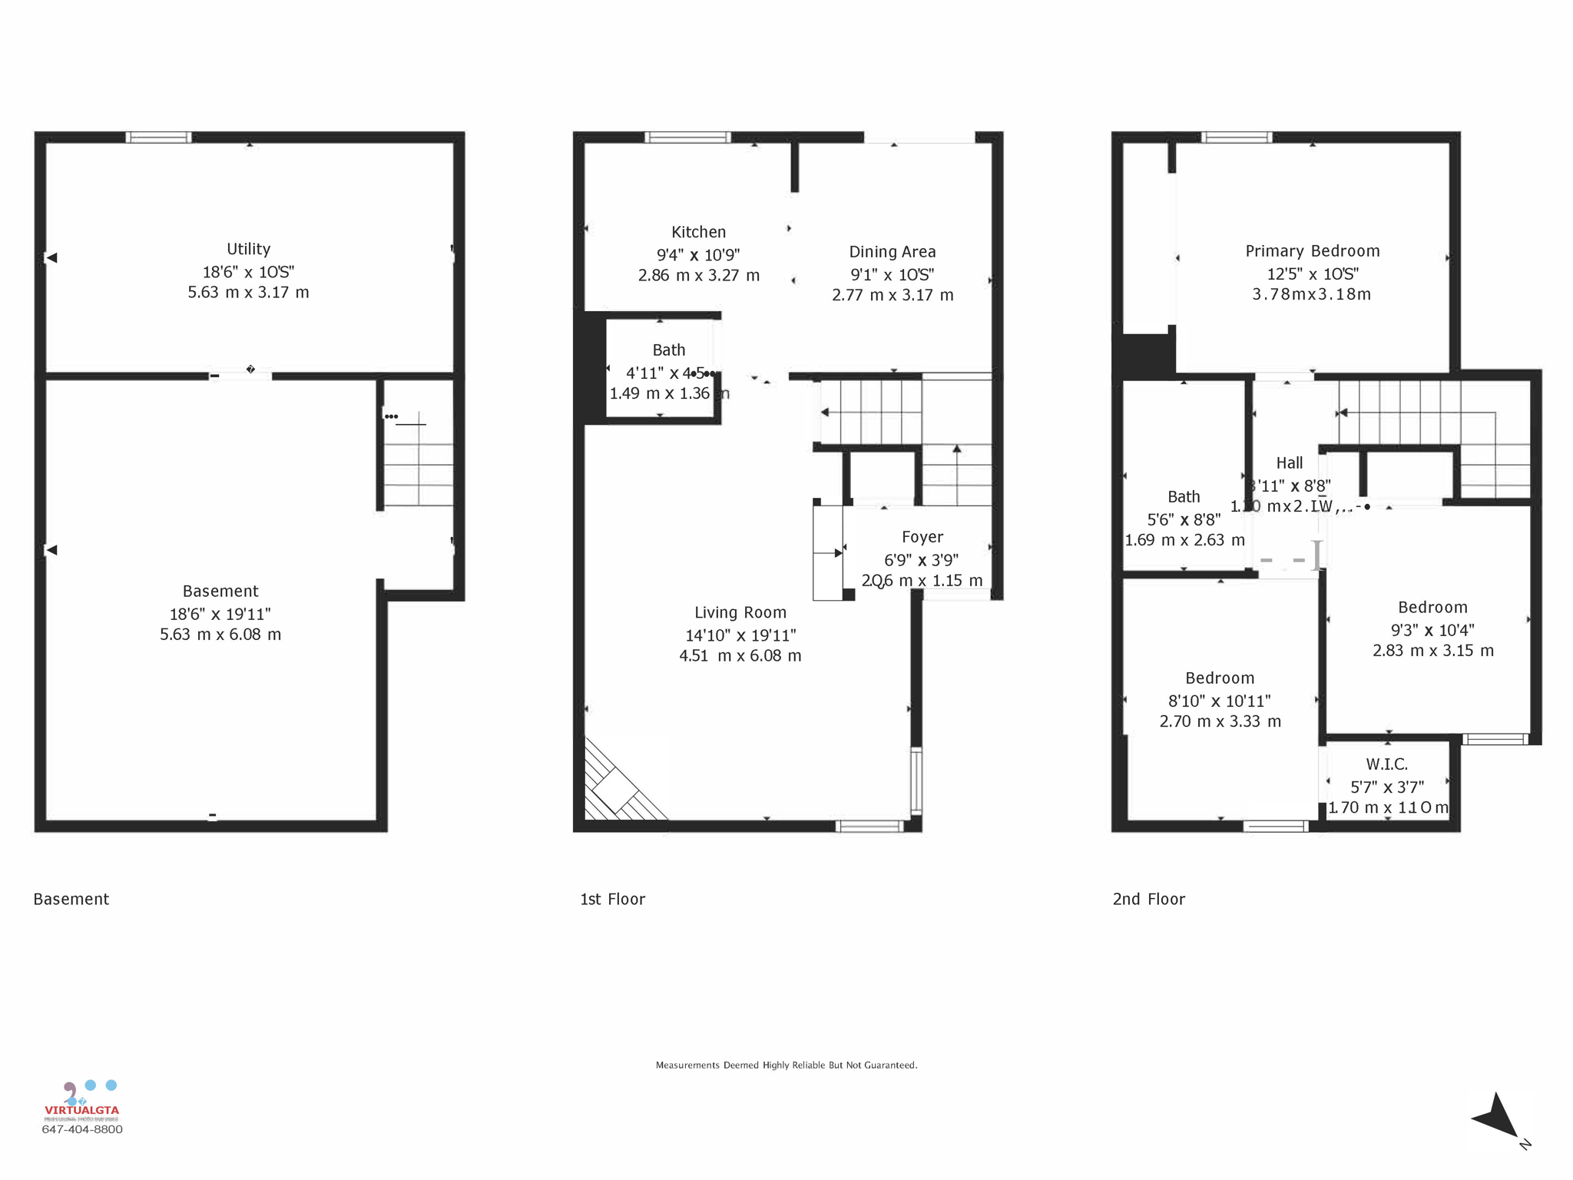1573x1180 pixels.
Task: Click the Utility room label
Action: [248, 249]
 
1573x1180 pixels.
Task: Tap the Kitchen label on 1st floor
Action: [698, 232]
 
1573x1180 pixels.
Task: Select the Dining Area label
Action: [892, 252]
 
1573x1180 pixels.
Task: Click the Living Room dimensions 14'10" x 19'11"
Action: [740, 635]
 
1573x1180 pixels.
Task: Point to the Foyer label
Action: [922, 537]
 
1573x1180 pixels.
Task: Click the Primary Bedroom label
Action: [1312, 251]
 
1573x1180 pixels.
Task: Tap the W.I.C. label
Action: [1386, 764]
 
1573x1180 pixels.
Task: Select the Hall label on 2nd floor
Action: [1289, 463]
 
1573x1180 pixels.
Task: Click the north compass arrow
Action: [1497, 1117]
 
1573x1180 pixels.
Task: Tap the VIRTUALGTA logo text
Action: [81, 1110]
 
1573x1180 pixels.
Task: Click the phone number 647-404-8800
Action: [81, 1129]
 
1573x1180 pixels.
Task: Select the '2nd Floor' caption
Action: [1148, 899]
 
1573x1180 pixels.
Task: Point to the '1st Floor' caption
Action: [612, 899]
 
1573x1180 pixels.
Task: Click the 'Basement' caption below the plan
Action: [71, 899]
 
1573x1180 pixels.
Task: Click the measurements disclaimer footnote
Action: [786, 1065]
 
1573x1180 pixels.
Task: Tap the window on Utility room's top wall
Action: [158, 138]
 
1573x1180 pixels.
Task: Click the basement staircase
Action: [419, 461]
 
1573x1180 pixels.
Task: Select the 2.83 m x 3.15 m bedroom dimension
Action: [1432, 651]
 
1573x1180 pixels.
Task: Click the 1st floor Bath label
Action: [668, 350]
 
